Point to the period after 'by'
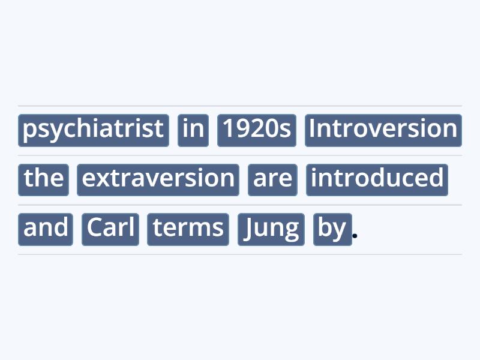355,236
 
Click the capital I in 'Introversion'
313,129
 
